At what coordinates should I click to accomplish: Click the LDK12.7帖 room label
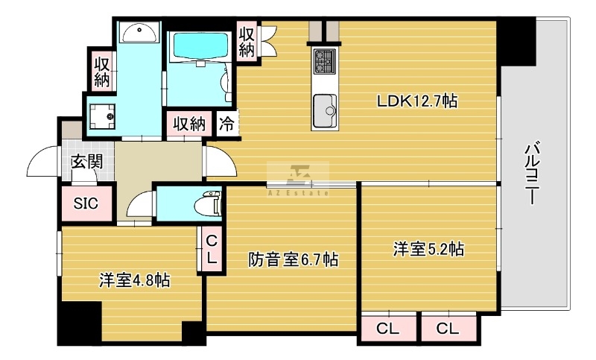[416, 101]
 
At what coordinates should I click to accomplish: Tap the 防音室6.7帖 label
[293, 260]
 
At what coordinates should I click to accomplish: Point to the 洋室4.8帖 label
[135, 280]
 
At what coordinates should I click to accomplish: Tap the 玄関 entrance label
[87, 162]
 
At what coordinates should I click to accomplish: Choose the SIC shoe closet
[86, 203]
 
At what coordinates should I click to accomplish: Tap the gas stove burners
[325, 61]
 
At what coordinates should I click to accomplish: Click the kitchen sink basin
[325, 110]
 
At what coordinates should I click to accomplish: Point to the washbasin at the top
[139, 33]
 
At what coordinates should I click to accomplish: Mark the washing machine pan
[102, 116]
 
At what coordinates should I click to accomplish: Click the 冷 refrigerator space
[226, 123]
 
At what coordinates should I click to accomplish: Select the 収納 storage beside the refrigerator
[189, 123]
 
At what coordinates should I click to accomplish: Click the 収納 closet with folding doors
[247, 40]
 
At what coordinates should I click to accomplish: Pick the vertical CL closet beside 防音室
[212, 249]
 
